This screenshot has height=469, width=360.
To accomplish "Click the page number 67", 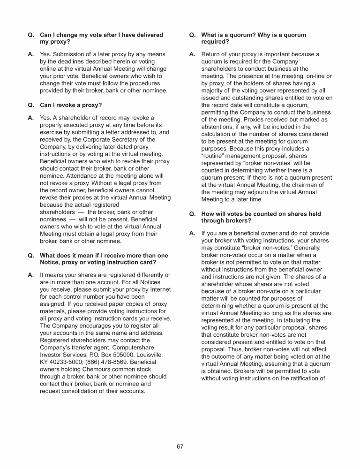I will click(180, 446).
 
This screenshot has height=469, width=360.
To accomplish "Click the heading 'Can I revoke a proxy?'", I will click(71, 105).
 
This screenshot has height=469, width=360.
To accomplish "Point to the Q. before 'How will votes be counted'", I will click(192, 214).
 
